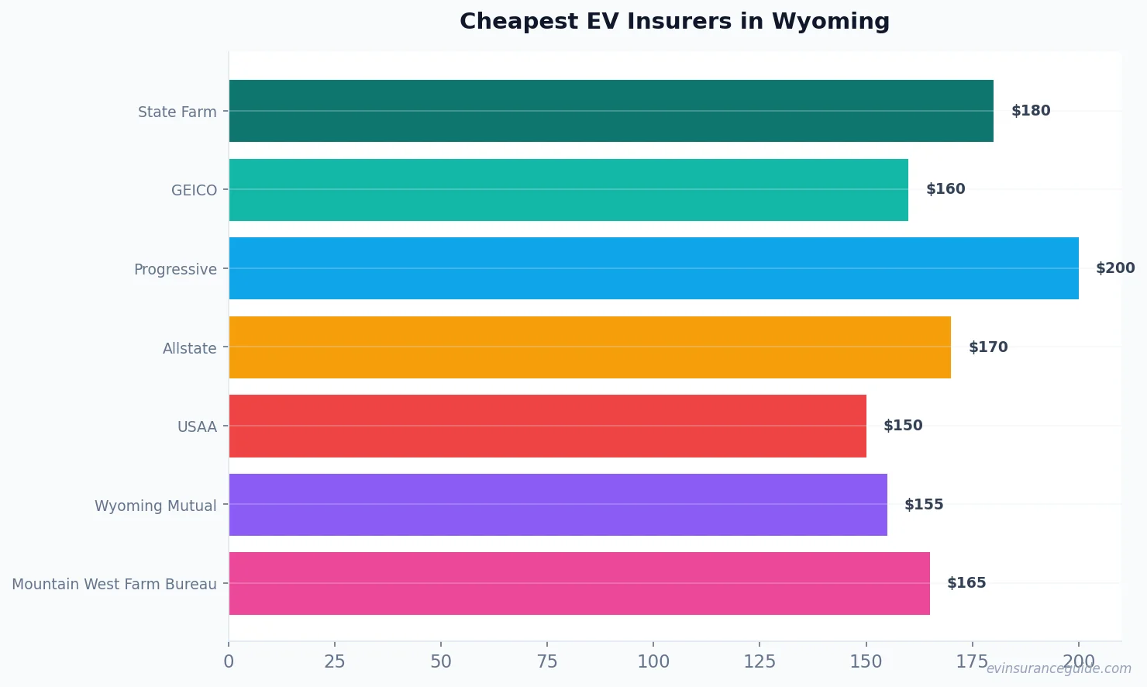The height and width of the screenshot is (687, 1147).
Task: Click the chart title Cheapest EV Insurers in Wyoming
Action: point(674,22)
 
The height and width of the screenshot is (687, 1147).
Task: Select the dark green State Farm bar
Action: point(611,111)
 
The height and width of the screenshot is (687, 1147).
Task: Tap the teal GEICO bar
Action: point(568,190)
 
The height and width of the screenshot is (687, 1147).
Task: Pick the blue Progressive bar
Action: point(653,268)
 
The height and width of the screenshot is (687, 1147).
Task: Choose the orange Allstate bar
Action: point(590,347)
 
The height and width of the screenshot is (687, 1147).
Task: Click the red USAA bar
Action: point(547,426)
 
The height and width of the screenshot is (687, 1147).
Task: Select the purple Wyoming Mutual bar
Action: point(558,505)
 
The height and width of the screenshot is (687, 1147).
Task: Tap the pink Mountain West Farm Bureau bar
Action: point(579,583)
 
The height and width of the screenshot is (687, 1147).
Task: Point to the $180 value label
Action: point(1031,111)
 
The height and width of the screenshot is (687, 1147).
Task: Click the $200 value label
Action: point(1114,268)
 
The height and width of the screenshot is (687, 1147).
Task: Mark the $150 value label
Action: point(903,426)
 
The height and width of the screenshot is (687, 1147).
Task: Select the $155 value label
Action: point(924,505)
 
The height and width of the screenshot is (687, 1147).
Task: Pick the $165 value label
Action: point(966,583)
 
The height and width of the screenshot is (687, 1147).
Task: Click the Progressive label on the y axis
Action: point(175,269)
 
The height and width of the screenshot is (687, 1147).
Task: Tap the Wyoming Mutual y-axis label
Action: point(155,506)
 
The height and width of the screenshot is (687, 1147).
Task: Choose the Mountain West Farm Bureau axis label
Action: point(114,584)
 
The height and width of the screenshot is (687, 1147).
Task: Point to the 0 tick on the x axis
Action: point(229,661)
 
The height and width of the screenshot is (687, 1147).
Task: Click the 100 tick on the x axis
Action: point(653,661)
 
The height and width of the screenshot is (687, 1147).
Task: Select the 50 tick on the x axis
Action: point(441,661)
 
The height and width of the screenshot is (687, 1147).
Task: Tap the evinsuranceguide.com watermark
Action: point(1059,668)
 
